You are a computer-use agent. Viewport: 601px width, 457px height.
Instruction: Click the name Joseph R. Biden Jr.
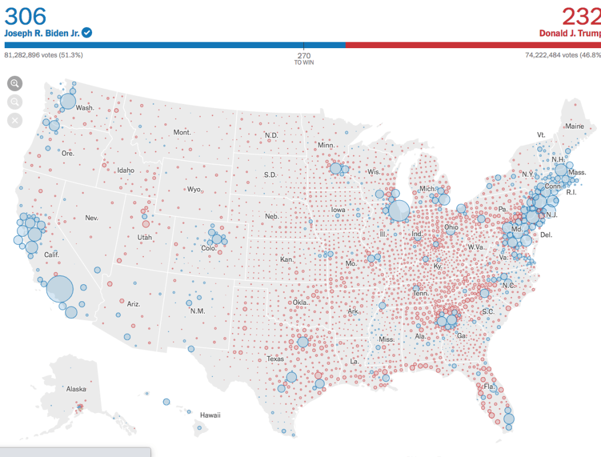click(x=42, y=33)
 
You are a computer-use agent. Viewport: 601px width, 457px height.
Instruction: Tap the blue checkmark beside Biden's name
click(x=87, y=33)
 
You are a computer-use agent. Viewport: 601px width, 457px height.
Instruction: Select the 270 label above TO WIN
click(x=303, y=55)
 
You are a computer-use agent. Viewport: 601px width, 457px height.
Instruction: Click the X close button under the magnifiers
click(x=15, y=120)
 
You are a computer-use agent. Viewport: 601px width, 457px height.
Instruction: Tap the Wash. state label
click(x=85, y=108)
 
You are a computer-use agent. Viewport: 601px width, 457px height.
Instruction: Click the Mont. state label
click(x=182, y=132)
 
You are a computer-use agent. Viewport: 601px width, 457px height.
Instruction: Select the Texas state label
click(x=275, y=359)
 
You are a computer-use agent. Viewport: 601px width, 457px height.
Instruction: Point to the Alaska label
click(x=76, y=389)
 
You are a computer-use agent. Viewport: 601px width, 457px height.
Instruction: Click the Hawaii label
click(x=210, y=415)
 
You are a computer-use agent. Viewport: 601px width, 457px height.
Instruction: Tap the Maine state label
click(x=575, y=126)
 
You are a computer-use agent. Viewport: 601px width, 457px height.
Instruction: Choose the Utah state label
click(x=144, y=237)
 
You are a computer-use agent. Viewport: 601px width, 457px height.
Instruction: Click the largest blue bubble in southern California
click(x=60, y=289)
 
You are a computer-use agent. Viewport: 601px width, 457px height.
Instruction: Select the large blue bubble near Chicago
click(x=399, y=211)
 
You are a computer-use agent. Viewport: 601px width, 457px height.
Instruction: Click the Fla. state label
click(x=488, y=387)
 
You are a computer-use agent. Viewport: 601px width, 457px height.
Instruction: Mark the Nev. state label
click(x=92, y=218)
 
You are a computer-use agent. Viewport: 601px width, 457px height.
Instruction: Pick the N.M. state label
click(x=197, y=311)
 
